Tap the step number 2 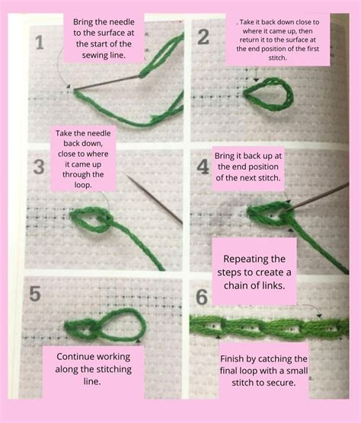tap(203, 37)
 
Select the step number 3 tap(38, 167)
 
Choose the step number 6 tap(203, 296)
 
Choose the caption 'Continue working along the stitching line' tap(93, 368)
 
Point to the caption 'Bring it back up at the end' tap(249, 166)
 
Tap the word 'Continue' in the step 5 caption tap(75, 357)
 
